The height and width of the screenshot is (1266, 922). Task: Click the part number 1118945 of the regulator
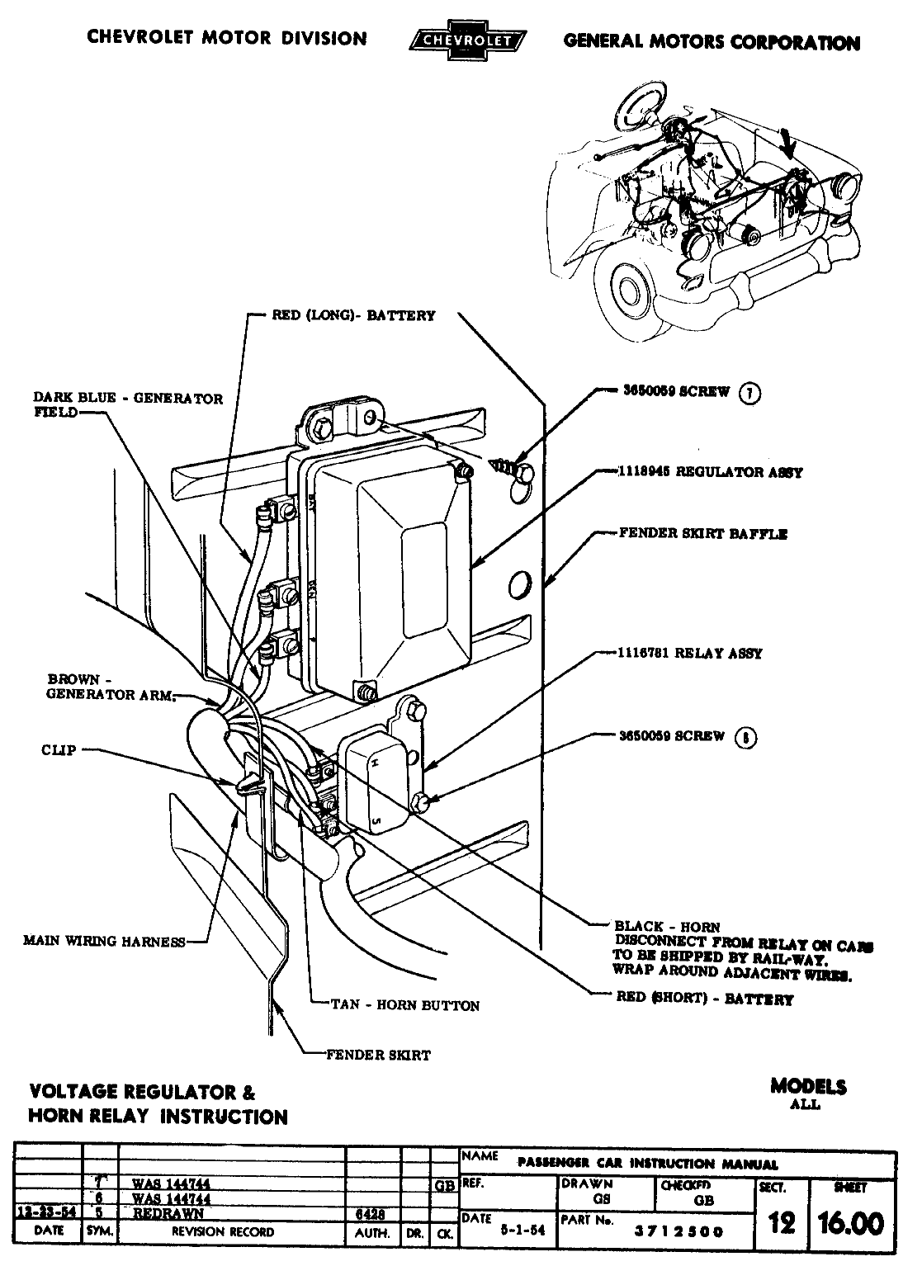click(x=644, y=472)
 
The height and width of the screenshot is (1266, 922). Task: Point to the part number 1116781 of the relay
click(x=644, y=653)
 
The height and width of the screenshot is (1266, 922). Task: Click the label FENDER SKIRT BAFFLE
click(x=703, y=533)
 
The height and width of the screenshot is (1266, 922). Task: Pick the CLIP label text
click(x=59, y=750)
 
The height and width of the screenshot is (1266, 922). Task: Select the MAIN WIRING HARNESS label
click(x=104, y=941)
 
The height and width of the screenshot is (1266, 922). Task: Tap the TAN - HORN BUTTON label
click(x=404, y=1005)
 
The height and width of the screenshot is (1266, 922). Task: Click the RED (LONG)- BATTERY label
click(x=353, y=315)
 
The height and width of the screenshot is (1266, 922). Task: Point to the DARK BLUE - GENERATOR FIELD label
click(x=128, y=404)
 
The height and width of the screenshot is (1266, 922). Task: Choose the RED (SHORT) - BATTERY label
click(x=704, y=999)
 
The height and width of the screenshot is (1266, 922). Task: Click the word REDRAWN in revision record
click(x=168, y=1214)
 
